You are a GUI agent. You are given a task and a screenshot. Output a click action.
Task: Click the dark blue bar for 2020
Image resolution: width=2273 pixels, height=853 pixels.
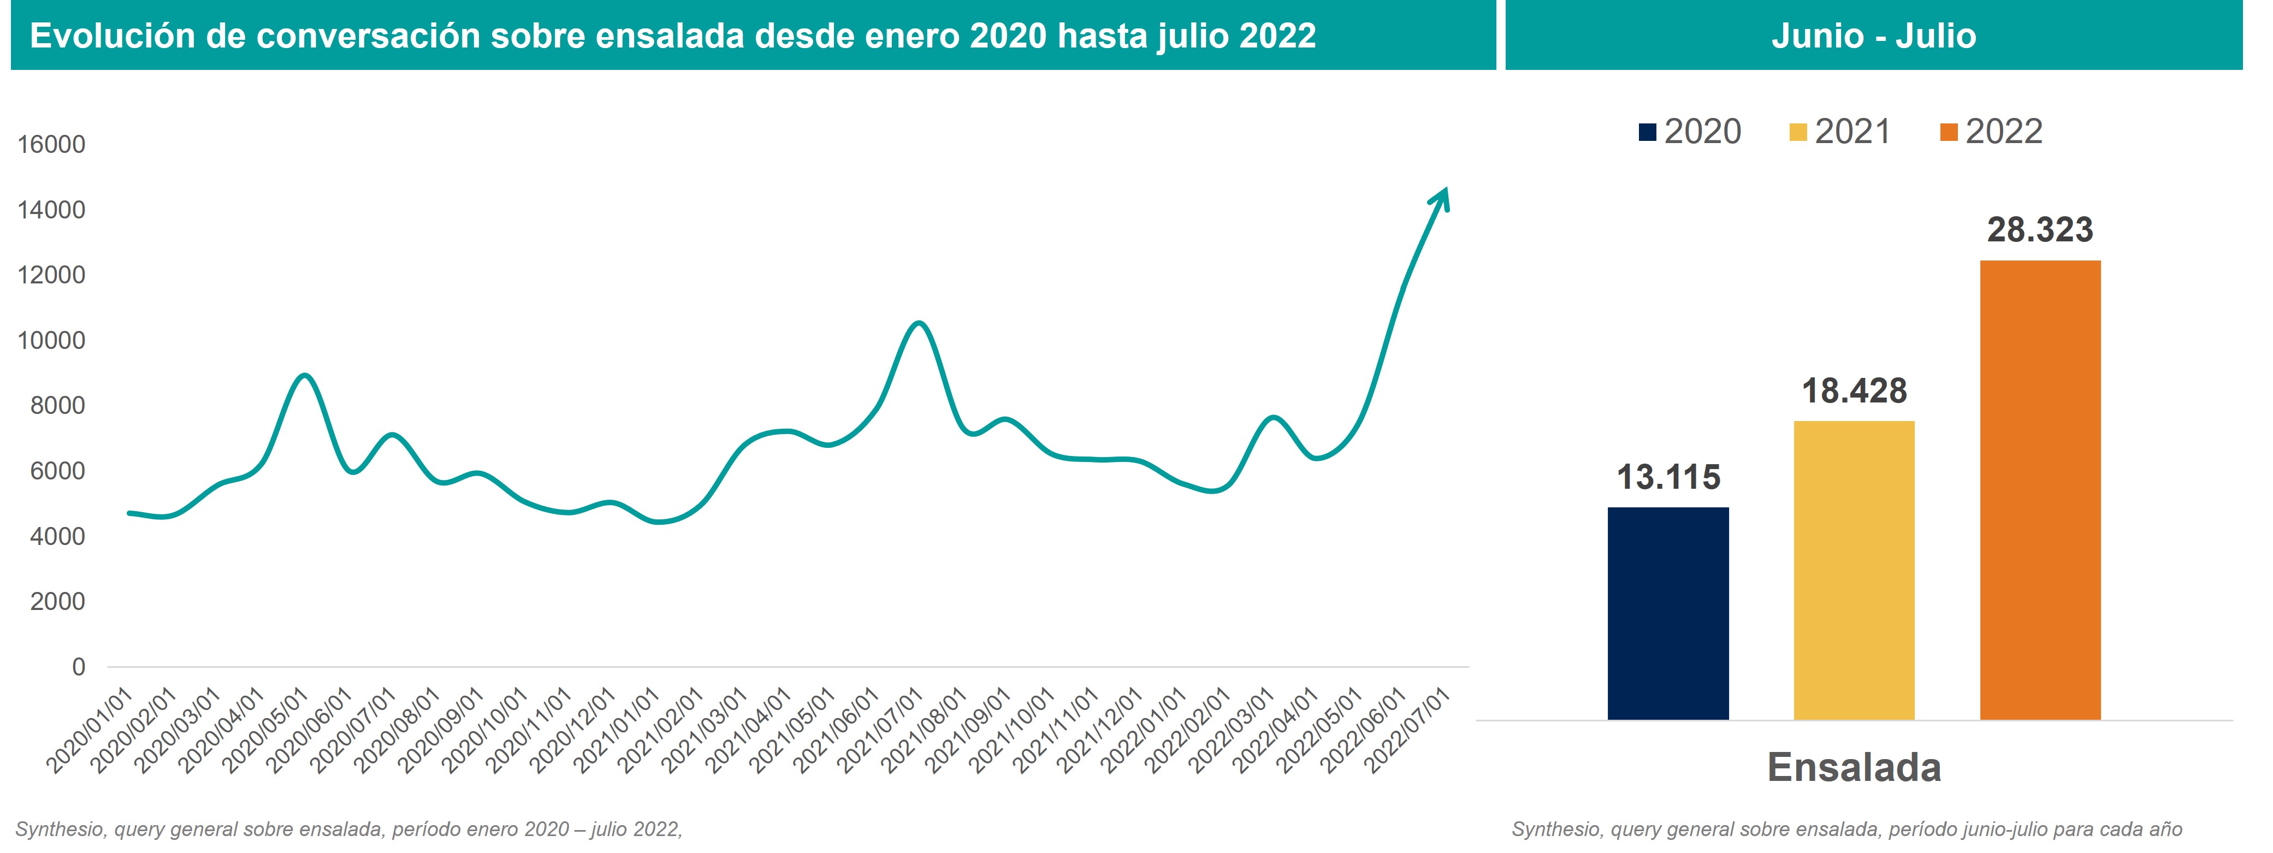point(1668,613)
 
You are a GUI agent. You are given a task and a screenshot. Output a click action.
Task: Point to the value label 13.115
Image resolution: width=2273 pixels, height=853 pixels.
point(1668,477)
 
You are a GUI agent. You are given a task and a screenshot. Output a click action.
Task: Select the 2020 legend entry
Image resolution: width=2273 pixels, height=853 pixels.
point(1691,132)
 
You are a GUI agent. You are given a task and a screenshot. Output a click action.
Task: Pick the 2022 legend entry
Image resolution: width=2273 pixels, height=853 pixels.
point(1992,132)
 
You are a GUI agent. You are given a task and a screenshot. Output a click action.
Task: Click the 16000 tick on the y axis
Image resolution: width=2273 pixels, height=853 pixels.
point(51,145)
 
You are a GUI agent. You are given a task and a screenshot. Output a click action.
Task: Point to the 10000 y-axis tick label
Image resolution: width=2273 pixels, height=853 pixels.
point(51,341)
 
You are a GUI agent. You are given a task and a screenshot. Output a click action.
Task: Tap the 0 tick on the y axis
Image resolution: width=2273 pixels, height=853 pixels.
point(79,667)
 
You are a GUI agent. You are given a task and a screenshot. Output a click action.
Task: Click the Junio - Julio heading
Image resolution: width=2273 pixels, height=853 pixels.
point(1873,36)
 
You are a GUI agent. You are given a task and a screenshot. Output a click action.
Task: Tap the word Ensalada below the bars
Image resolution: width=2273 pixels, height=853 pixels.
point(1854,767)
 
